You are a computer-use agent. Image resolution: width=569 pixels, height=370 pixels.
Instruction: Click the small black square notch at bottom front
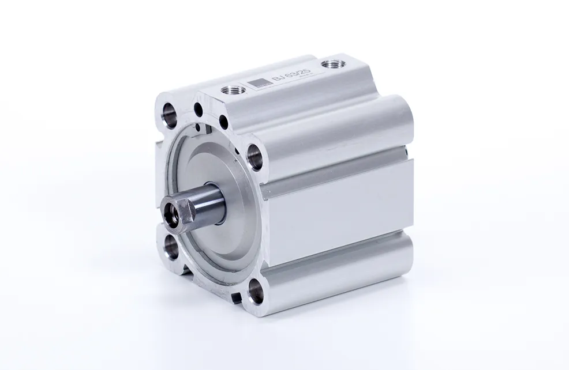click(237, 298)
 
